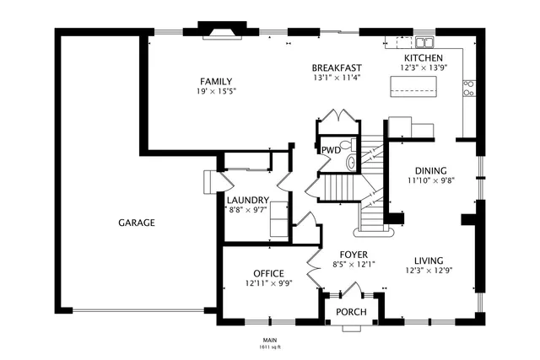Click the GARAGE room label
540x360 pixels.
(x=136, y=223)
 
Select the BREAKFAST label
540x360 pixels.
(x=337, y=68)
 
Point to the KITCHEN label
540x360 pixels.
(x=418, y=57)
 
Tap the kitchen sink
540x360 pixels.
(x=423, y=41)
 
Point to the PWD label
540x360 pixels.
(x=331, y=150)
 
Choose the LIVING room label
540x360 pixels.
(x=431, y=261)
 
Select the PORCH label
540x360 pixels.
(x=352, y=313)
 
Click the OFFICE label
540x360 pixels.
(x=268, y=273)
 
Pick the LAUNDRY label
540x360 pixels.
(x=246, y=200)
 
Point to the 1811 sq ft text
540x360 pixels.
(x=270, y=347)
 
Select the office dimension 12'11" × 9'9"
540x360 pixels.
(x=268, y=283)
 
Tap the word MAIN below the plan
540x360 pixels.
(x=270, y=341)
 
